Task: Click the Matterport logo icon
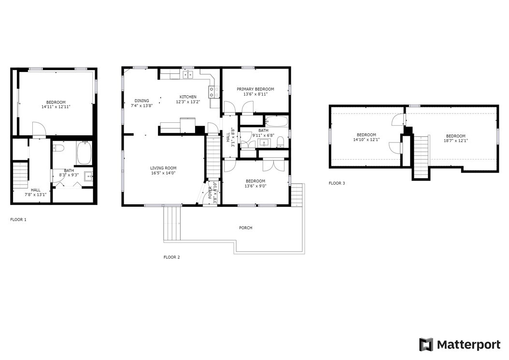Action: pos(426,345)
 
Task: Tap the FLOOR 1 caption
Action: pos(18,219)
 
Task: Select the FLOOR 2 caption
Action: pos(171,257)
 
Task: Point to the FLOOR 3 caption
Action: pos(337,183)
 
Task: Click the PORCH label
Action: pos(245,228)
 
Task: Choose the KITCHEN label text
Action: pos(188,97)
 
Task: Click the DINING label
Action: pos(141,101)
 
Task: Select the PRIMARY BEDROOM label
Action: pos(255,89)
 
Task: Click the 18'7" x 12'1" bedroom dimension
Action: pos(455,141)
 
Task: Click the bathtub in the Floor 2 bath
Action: pos(276,121)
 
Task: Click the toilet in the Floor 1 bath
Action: pos(58,148)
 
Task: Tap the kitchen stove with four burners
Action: pos(214,91)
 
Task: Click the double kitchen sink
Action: pos(188,74)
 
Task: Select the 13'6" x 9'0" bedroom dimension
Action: pos(255,186)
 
